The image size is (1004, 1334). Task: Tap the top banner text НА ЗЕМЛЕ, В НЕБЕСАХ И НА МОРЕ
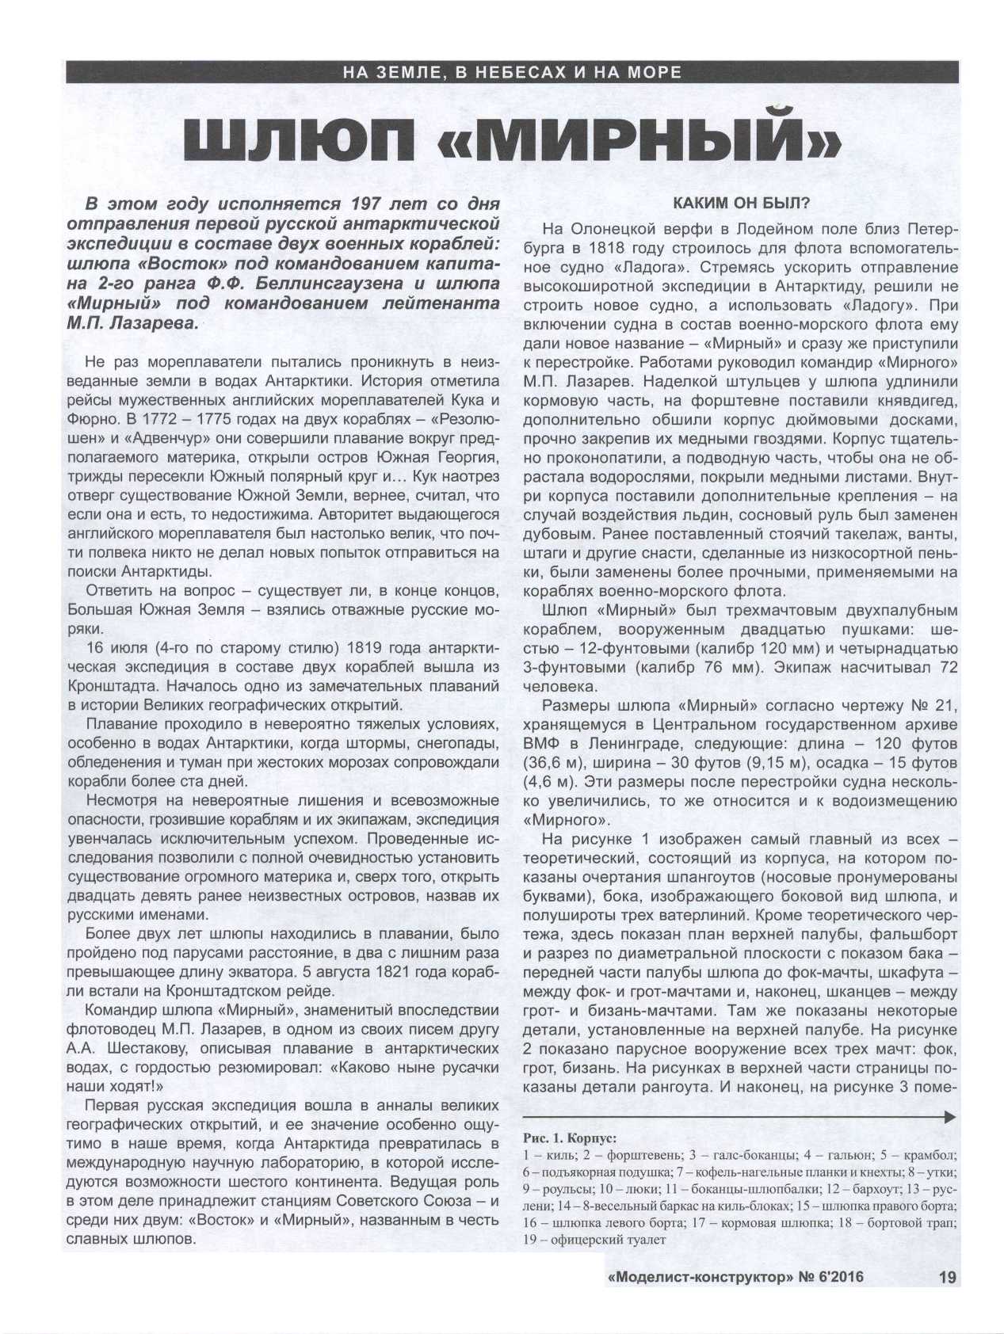coord(512,72)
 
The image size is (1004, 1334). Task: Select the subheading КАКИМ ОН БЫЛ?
coord(741,203)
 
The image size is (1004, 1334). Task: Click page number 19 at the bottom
coord(946,1277)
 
